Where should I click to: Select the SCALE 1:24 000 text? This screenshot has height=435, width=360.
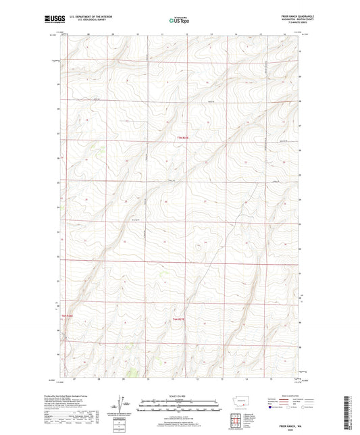pyautogui.click(x=179, y=396)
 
